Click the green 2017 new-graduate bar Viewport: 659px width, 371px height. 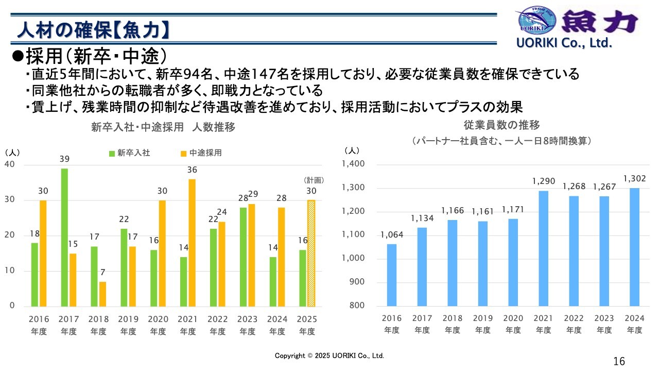tap(64, 237)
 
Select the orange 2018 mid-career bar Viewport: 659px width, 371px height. tap(103, 294)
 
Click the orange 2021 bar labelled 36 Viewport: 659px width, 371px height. tap(192, 243)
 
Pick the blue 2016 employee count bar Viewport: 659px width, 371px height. tap(392, 275)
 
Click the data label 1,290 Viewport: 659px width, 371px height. tap(544, 181)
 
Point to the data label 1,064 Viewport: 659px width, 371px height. tap(392, 235)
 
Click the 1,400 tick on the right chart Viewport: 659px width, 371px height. tap(353, 164)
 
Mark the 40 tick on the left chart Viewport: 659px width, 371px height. tap(10, 164)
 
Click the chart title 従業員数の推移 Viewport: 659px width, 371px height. tap(501, 125)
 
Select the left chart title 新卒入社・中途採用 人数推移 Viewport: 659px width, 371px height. tap(163, 127)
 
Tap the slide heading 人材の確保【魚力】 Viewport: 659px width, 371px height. tap(93, 31)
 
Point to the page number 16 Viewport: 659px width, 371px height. tap(619, 361)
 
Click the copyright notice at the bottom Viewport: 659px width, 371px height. tap(329, 356)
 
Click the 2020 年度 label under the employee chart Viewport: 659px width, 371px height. tap(513, 324)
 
